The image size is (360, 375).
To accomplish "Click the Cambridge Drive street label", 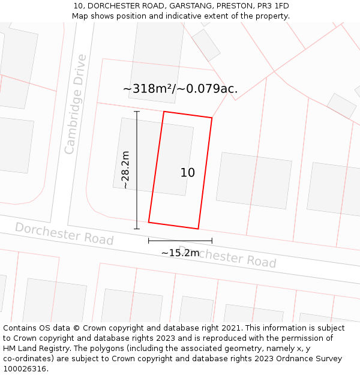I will pyautogui.click(x=76, y=104).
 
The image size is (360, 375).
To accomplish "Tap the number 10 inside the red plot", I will pyautogui.click(x=187, y=173).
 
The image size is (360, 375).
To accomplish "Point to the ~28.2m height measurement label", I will pyautogui.click(x=125, y=170).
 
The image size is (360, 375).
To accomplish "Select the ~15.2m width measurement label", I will pyautogui.click(x=180, y=253).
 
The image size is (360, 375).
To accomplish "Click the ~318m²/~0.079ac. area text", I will pyautogui.click(x=180, y=89).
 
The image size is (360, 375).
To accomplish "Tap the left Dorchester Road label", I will pyautogui.click(x=64, y=233).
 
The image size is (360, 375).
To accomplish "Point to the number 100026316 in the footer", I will pyautogui.click(x=25, y=369).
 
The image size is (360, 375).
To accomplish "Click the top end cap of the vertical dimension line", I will pyautogui.click(x=137, y=112).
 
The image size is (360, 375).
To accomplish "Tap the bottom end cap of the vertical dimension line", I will pyautogui.click(x=137, y=229).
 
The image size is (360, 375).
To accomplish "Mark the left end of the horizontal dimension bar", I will pyautogui.click(x=149, y=241).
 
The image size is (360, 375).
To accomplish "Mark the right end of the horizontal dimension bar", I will pyautogui.click(x=212, y=241).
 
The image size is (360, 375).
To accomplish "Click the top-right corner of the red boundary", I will pyautogui.click(x=212, y=118).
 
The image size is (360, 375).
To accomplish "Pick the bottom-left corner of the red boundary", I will pyautogui.click(x=149, y=222).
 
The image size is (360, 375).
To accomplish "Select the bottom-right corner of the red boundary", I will pyautogui.click(x=198, y=229).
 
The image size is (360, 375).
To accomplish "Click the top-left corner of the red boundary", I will pyautogui.click(x=164, y=112).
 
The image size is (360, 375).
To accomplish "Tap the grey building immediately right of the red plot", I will pyautogui.click(x=254, y=181).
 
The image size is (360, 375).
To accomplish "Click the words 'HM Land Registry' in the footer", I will pyautogui.click(x=34, y=349).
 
